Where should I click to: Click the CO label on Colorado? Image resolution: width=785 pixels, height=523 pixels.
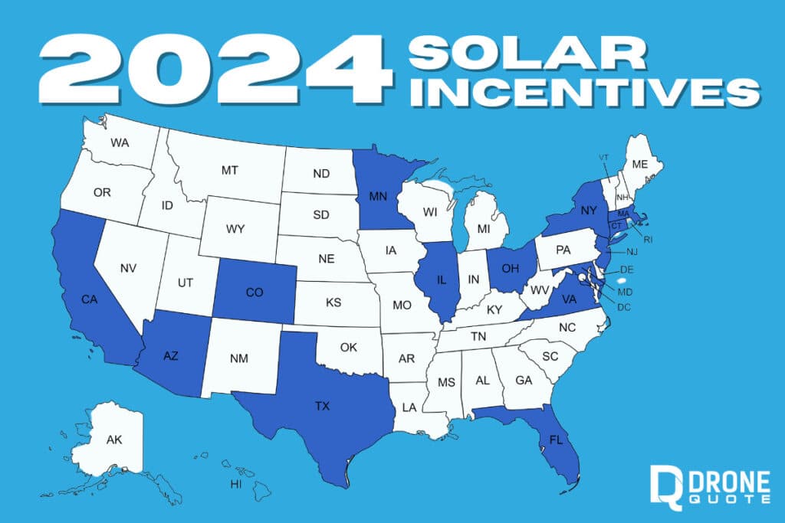pos(255,292)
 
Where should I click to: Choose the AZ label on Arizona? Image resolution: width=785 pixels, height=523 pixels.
pos(172,355)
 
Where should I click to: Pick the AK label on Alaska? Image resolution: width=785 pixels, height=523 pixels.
pos(114,440)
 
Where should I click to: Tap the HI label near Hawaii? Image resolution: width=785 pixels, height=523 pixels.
pos(236,484)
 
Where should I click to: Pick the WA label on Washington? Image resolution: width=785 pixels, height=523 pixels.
pos(120,142)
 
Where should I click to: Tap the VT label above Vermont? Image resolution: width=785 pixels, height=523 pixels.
pos(604,157)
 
